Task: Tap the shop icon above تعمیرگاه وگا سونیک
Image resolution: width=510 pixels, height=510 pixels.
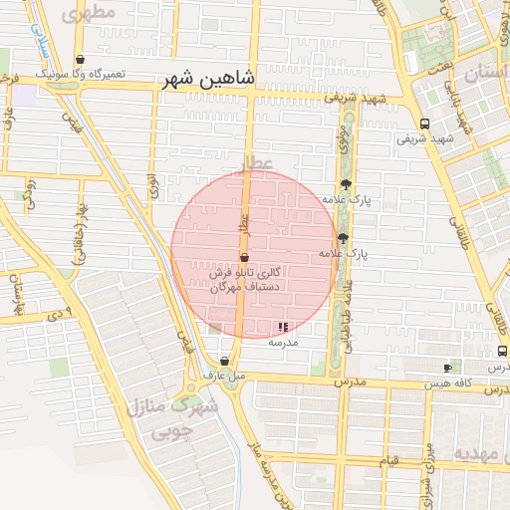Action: click(79, 60)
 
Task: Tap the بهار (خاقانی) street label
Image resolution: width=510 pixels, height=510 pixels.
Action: click(74, 244)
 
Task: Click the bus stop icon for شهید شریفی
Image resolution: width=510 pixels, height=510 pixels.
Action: click(425, 125)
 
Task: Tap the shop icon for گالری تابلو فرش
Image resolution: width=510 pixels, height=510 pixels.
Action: click(244, 257)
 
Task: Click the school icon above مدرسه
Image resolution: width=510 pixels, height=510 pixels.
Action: click(283, 327)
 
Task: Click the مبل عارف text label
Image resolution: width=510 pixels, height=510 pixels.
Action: click(223, 377)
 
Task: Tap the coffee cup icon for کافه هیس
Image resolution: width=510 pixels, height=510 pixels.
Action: click(447, 368)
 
